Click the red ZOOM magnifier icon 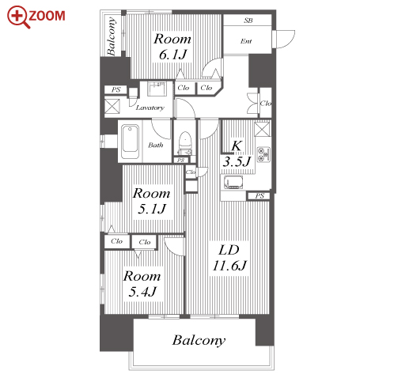[18, 17]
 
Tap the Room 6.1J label [172, 47]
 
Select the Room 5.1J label [152, 201]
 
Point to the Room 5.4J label [142, 284]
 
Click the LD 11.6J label [229, 258]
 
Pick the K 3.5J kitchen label [237, 154]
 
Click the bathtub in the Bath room [130, 142]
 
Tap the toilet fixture [184, 143]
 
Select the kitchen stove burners [263, 154]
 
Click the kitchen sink [233, 182]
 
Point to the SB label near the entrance [248, 21]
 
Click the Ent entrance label [246, 41]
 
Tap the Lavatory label [150, 108]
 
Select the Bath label [156, 145]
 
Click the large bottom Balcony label [199, 340]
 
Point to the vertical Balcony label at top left [112, 36]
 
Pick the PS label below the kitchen [260, 196]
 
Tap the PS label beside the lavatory [116, 90]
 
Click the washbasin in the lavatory [157, 89]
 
